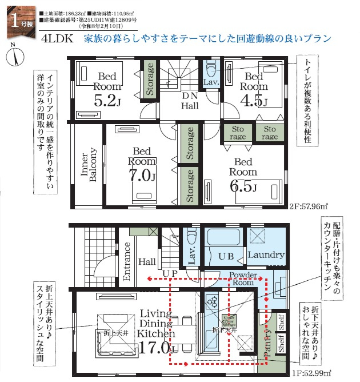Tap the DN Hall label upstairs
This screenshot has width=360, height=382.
coord(190,100)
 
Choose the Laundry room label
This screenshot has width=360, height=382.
coord(266,254)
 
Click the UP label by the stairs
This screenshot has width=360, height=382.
coord(170,274)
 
